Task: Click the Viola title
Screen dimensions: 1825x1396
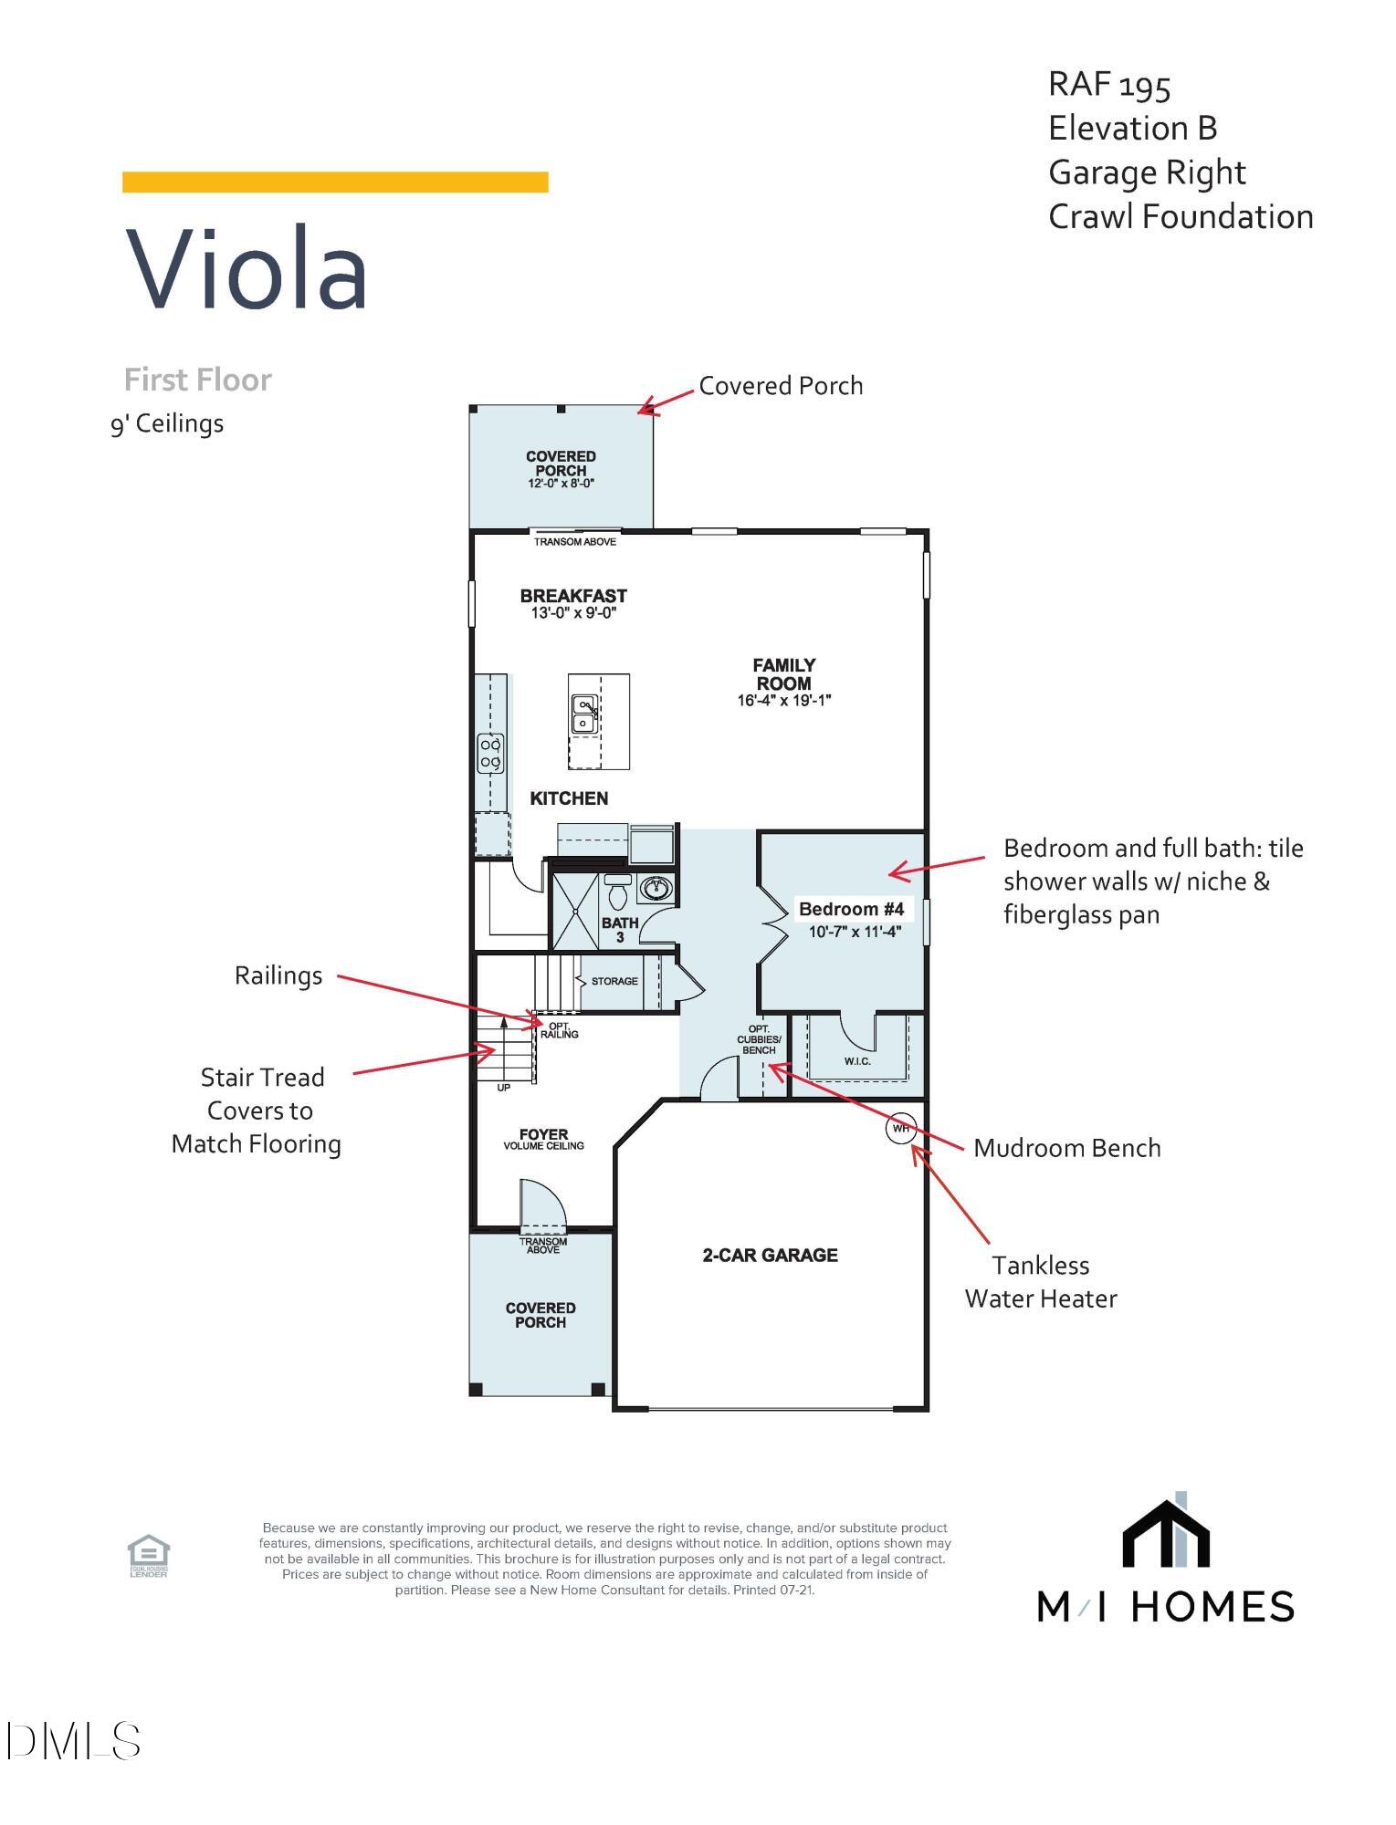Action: tap(247, 269)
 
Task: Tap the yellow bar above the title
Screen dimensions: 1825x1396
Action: tap(335, 182)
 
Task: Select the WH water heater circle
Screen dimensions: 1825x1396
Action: tap(900, 1129)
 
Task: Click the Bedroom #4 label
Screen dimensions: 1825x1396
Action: tap(851, 909)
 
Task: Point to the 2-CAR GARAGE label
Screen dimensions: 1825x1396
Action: tap(770, 1256)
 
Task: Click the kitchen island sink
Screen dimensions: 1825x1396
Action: tap(583, 714)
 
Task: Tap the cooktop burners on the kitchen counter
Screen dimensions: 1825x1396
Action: tap(491, 754)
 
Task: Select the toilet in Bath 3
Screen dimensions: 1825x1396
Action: tap(618, 892)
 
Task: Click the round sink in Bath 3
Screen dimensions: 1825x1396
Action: tap(656, 887)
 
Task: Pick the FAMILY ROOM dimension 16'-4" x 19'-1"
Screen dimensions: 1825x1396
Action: tap(783, 701)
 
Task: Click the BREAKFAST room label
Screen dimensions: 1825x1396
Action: tap(573, 596)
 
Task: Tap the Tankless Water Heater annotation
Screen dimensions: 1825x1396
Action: tap(1041, 1282)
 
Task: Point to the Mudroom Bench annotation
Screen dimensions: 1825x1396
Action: tap(1066, 1148)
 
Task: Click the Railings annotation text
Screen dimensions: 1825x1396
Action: tap(278, 975)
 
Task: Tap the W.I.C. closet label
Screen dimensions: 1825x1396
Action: tap(857, 1061)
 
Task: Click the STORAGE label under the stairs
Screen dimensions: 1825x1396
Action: tap(614, 982)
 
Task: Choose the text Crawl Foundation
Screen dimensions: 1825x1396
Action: tap(1180, 217)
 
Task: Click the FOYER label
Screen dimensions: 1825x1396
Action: tap(543, 1135)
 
